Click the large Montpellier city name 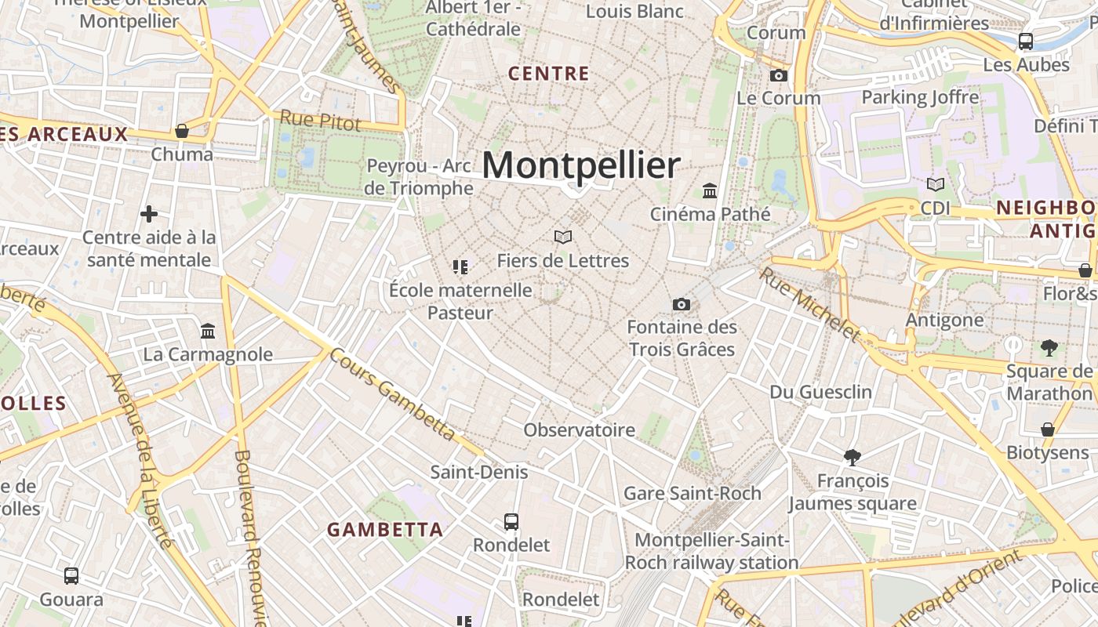coord(580,165)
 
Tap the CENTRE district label coord(548,74)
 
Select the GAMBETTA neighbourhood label coord(385,529)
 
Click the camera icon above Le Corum coord(778,75)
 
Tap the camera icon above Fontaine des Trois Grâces coord(681,304)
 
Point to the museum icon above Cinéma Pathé coord(710,190)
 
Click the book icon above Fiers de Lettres coord(562,237)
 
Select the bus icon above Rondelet coord(511,521)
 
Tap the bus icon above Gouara coord(71,576)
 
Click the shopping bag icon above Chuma coord(181,130)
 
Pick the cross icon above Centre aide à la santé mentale coord(148,213)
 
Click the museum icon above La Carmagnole coord(208,331)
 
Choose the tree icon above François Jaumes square coord(852,457)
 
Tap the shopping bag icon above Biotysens coord(1048,429)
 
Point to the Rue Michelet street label coord(810,305)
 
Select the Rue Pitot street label coord(320,121)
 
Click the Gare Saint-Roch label coord(692,493)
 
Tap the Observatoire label coord(579,429)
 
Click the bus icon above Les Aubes coord(1025,42)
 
